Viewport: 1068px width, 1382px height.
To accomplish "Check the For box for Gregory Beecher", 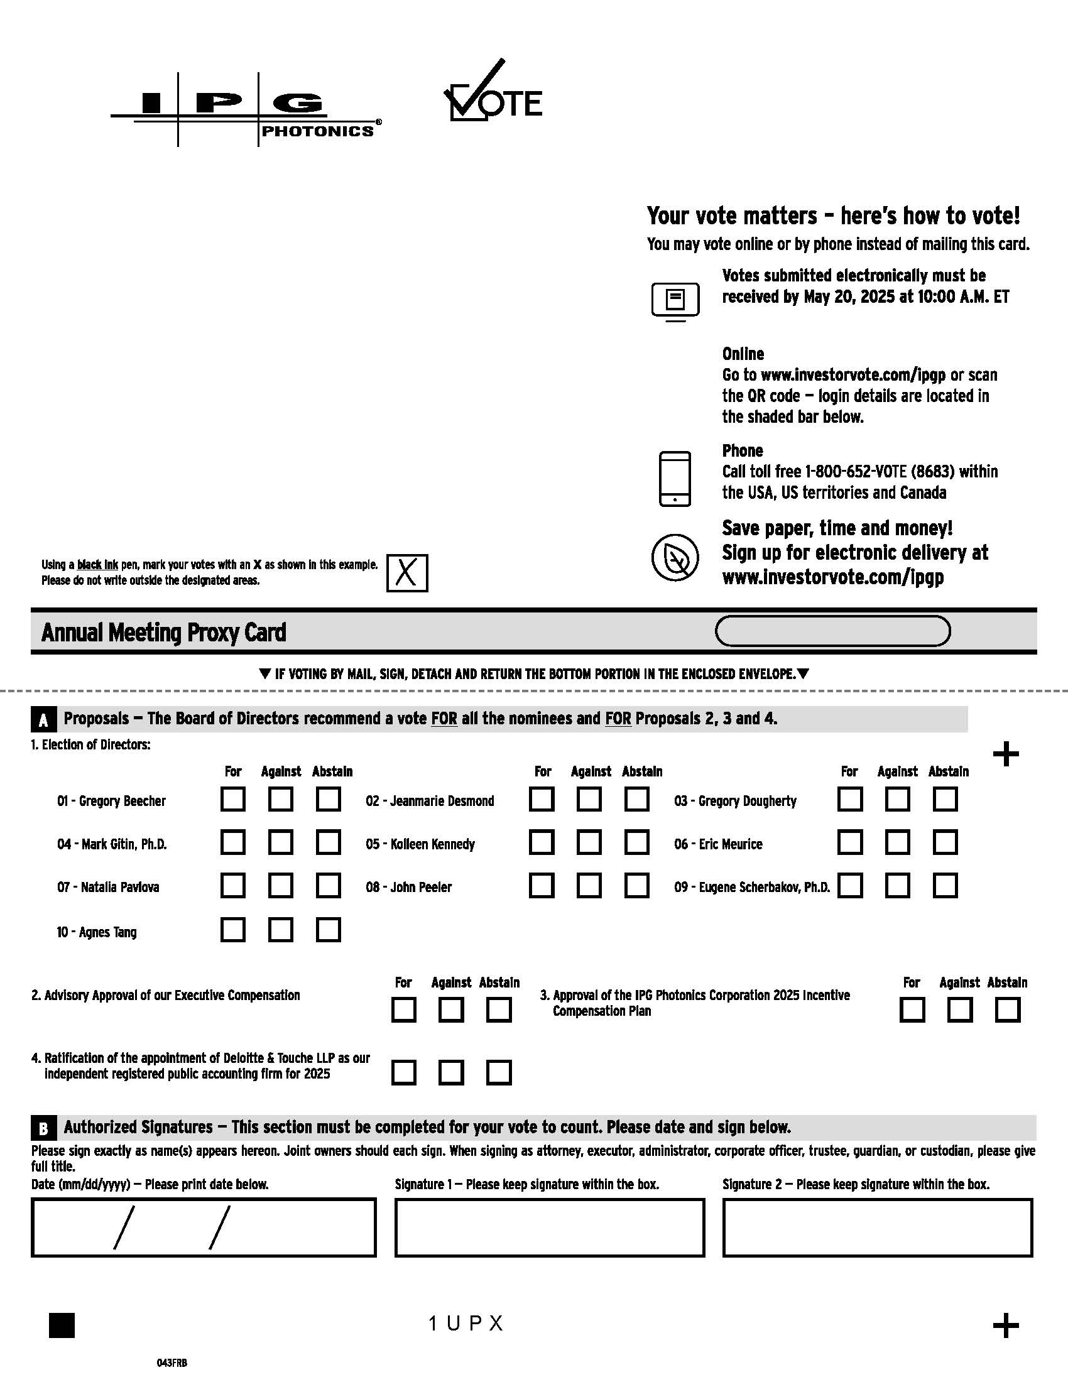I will coord(233,799).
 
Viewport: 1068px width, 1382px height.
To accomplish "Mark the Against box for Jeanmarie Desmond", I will coord(589,799).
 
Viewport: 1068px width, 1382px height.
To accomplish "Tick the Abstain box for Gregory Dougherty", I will coord(945,799).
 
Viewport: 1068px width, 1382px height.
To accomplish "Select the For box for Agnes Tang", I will coord(233,930).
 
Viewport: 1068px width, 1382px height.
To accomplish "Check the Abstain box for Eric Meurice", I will coord(945,842).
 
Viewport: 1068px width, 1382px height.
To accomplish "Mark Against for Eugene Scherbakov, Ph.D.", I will coord(897,885).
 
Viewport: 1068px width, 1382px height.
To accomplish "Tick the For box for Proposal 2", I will coord(404,1010).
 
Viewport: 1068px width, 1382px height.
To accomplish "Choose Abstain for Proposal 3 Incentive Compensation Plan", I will coord(1007,1010).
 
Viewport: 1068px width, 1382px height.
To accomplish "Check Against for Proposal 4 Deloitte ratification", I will coord(451,1072).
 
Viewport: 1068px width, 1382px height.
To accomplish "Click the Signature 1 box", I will coord(549,1227).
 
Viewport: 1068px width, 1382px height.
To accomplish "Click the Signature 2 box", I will coord(877,1227).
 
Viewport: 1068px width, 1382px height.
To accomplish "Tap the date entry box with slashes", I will coord(203,1227).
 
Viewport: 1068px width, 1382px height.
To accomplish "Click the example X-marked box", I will coord(407,574).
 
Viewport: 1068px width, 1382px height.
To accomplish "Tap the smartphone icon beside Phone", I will coord(675,479).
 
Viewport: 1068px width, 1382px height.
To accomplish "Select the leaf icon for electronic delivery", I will coord(675,557).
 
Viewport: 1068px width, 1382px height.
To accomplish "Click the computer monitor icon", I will coord(675,300).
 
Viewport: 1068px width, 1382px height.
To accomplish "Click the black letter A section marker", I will coord(43,719).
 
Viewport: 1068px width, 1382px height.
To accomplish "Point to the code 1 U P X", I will coord(466,1323).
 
